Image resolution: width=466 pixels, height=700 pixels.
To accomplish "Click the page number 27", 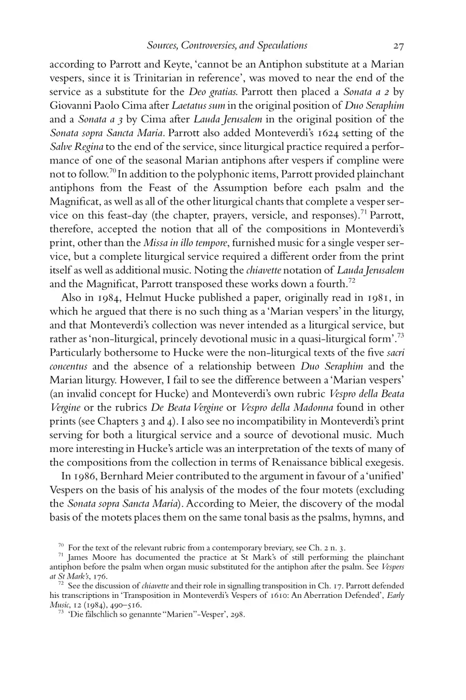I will pos(398,46).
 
